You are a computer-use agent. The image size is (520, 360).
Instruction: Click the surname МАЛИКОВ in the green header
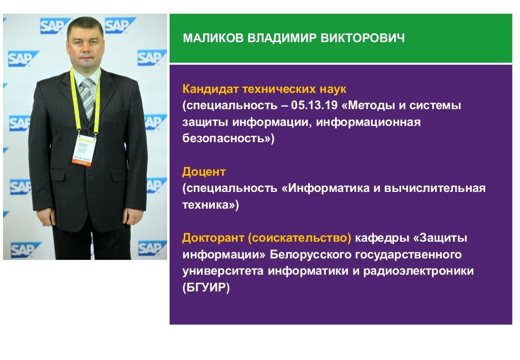[x=213, y=39]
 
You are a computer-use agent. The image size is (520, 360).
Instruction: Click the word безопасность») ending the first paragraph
[x=228, y=139]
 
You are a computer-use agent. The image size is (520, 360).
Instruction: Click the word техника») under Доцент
[x=210, y=205]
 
